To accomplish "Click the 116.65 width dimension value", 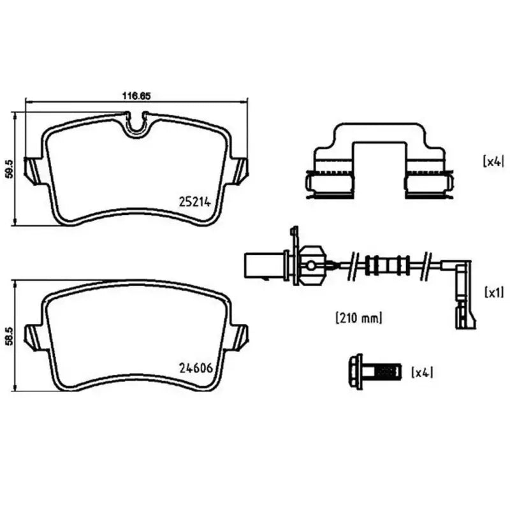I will point(135,96).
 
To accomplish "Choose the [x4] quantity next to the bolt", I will point(421,372).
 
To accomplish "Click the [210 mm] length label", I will point(358,317).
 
